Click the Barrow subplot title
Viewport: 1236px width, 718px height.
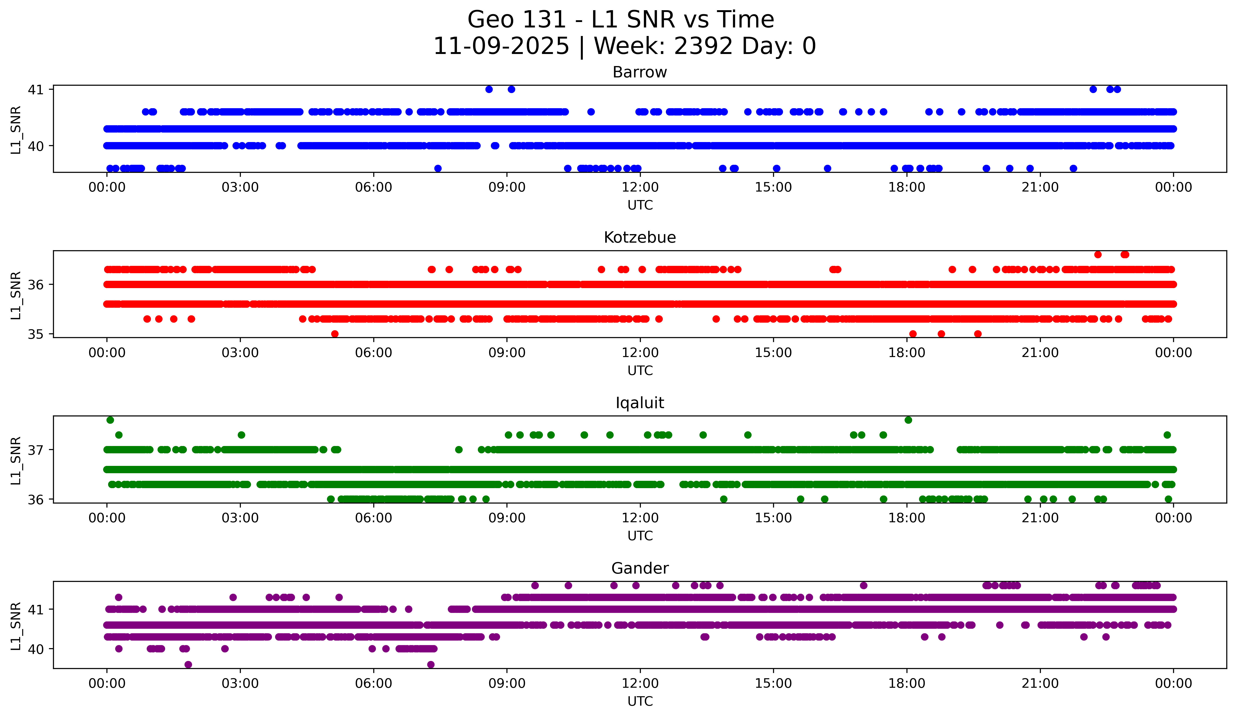tap(640, 72)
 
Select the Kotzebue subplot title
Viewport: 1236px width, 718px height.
tap(640, 237)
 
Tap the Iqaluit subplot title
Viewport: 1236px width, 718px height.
tap(640, 403)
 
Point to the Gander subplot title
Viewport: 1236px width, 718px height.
tap(640, 568)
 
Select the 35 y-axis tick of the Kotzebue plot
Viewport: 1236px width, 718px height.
tap(35, 334)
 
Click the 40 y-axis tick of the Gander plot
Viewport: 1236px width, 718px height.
tap(35, 649)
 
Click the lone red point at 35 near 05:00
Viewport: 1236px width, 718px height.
tap(334, 334)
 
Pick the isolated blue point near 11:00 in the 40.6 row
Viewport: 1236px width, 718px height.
tap(591, 112)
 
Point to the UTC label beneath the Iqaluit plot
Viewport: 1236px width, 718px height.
tap(640, 536)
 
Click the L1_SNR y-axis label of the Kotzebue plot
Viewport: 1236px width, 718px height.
tap(16, 295)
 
